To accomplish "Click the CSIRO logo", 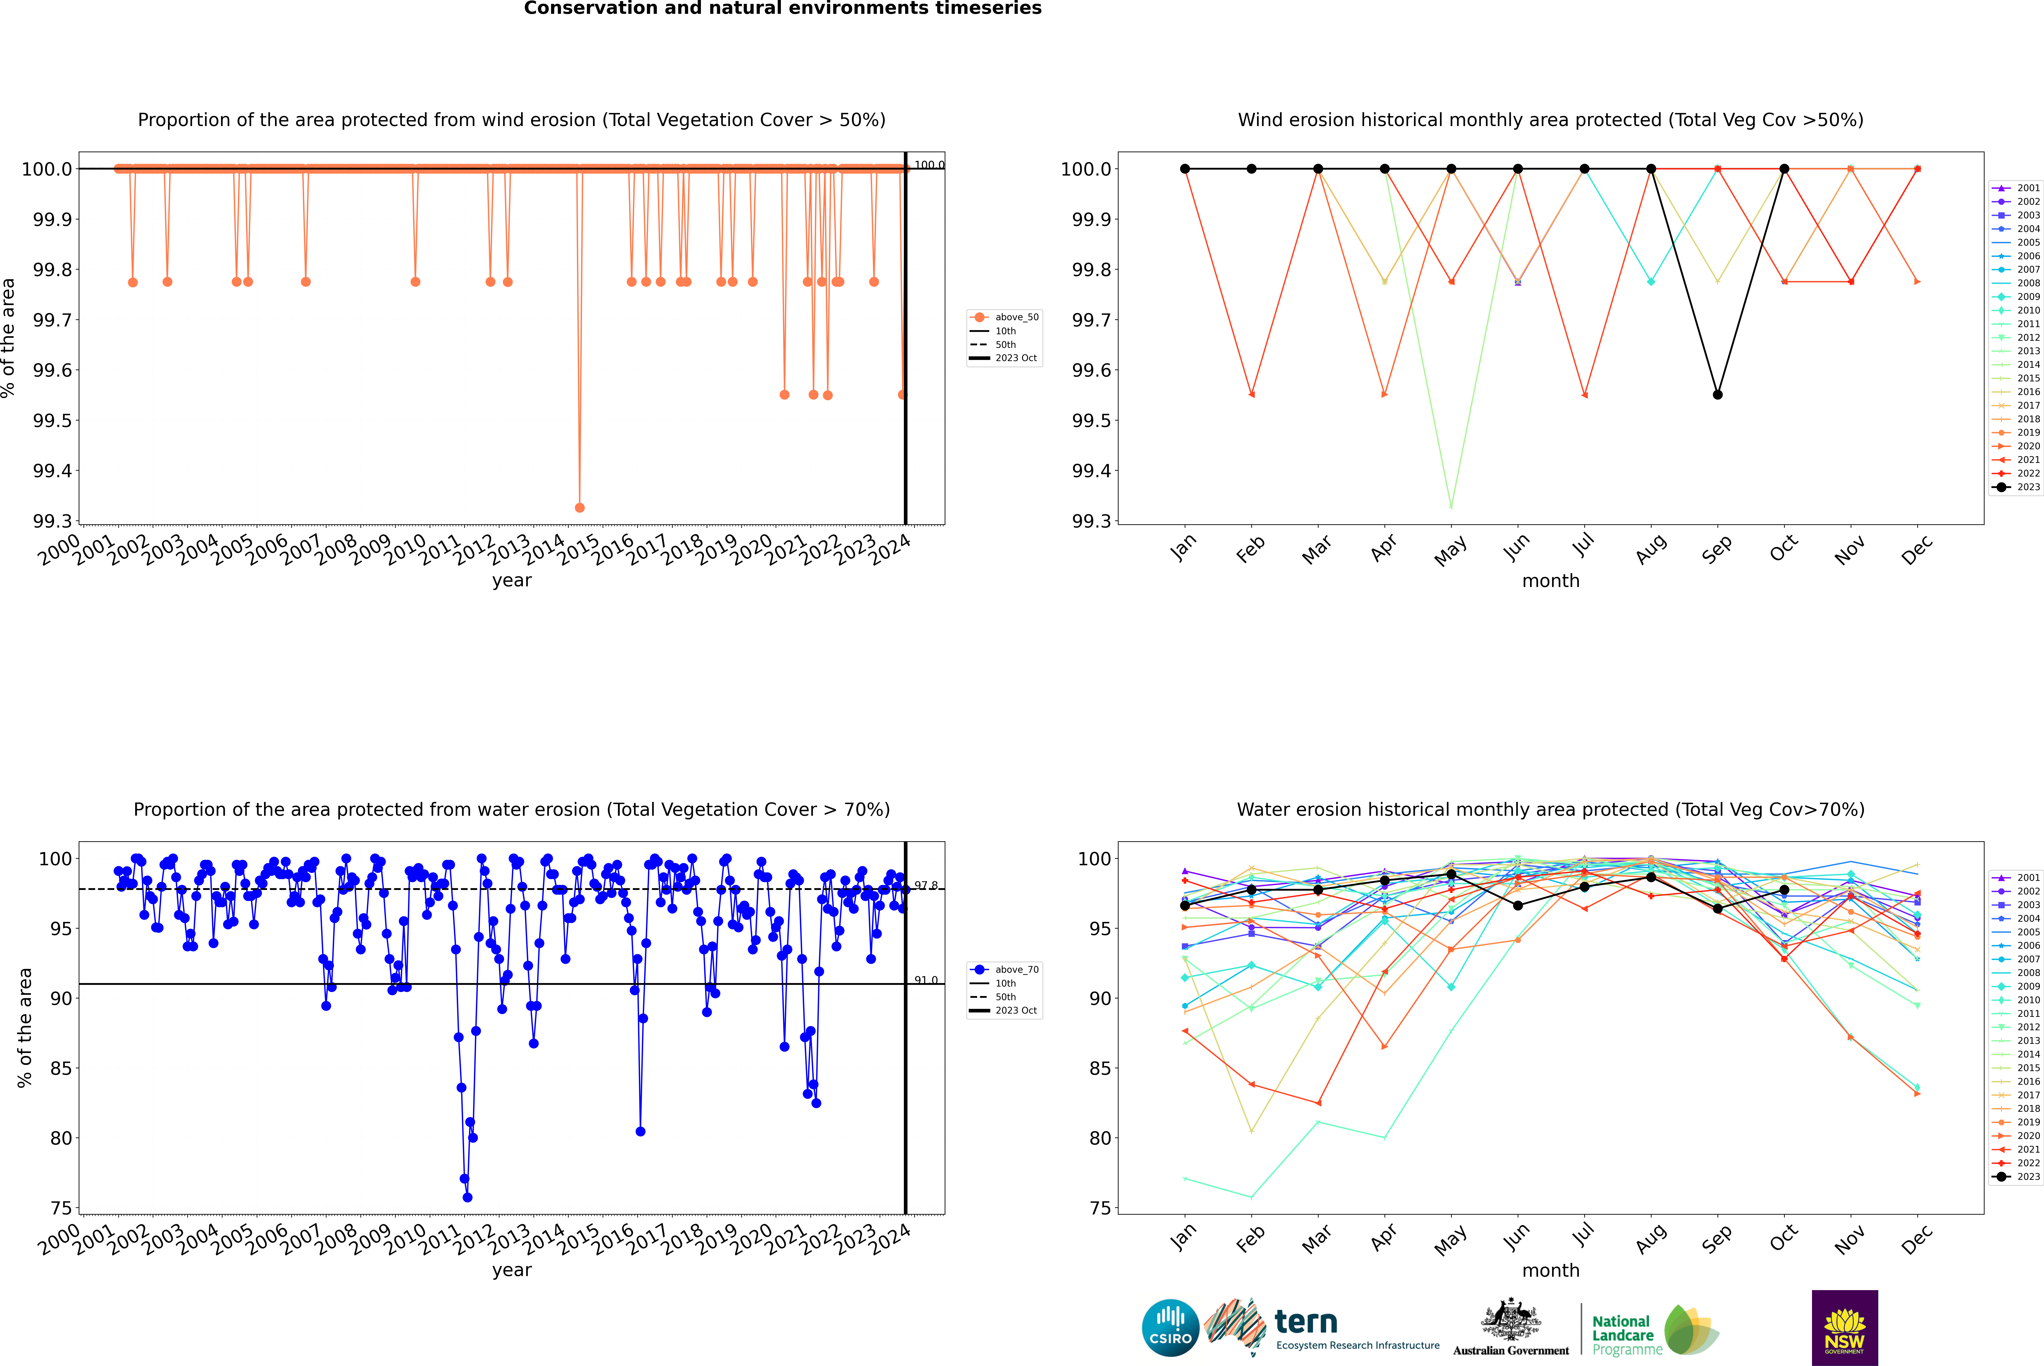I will (1170, 1328).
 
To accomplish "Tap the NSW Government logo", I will (1844, 1328).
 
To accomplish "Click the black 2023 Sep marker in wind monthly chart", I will (1717, 395).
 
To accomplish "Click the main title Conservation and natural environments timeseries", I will (782, 9).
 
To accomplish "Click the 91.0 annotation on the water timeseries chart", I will (925, 980).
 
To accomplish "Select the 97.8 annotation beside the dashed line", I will (925, 885).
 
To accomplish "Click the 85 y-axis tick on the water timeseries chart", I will (61, 1068).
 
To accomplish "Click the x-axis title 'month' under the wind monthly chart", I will (1550, 581).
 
